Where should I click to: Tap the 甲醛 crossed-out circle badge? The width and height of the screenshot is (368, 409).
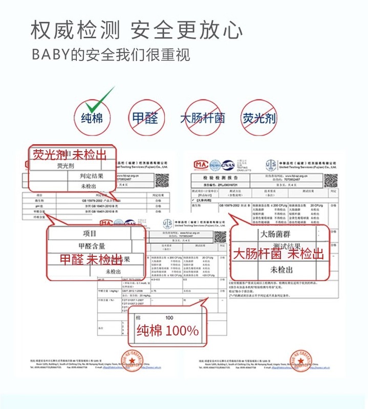145,119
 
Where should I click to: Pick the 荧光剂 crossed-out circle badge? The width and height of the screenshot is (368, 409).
259,119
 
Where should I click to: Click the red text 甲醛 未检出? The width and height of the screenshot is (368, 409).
91,259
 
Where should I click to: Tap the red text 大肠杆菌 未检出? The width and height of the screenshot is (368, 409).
279,254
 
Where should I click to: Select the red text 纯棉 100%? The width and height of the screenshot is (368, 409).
167,330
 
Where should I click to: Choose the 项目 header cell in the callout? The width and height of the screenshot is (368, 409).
90,233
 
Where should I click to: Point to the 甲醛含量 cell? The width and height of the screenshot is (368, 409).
90,246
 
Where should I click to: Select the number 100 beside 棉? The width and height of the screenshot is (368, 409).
169,317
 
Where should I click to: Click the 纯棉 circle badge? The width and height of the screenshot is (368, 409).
92,119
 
